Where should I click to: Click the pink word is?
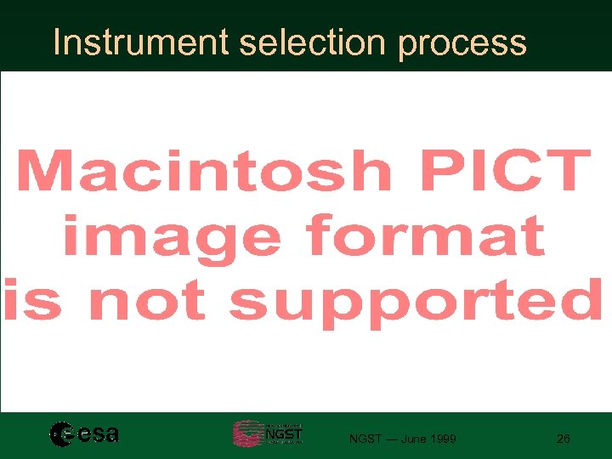[32, 301]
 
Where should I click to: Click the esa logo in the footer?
[84, 434]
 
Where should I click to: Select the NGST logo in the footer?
[268, 433]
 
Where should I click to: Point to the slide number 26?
[563, 439]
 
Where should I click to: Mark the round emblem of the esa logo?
[62, 434]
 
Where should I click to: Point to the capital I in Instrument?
[57, 42]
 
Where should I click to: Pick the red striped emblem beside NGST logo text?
[247, 433]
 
